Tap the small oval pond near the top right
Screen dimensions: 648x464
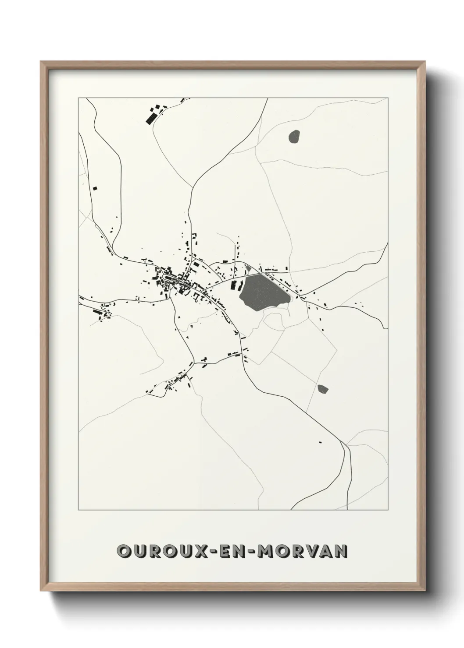click(x=294, y=136)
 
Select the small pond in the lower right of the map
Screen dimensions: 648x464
click(x=323, y=388)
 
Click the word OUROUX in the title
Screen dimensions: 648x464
click(x=159, y=551)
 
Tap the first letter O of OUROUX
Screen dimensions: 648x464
click(x=124, y=551)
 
